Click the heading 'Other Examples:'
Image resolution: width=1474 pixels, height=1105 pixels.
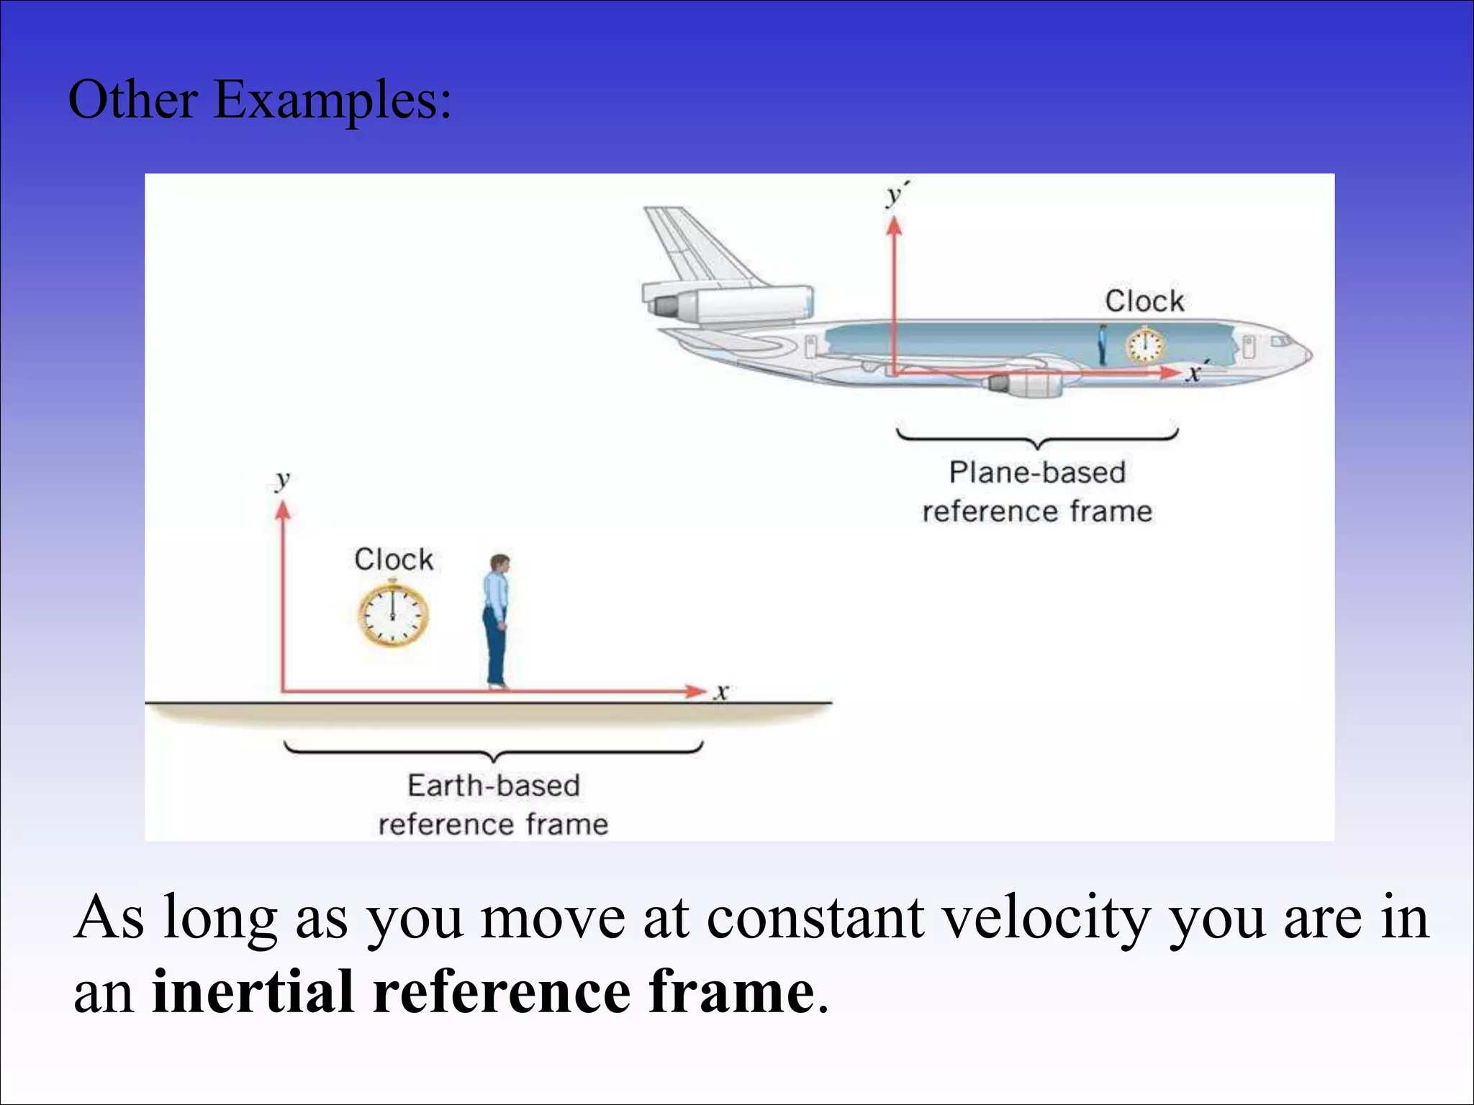pos(260,100)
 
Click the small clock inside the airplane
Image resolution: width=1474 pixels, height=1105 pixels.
pos(1145,346)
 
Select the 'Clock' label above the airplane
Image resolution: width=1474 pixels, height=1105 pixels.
pos(1144,301)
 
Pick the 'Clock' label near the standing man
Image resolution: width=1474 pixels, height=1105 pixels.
pos(394,559)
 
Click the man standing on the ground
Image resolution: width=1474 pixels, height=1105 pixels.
pos(497,621)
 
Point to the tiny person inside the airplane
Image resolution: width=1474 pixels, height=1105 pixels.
pos(1102,345)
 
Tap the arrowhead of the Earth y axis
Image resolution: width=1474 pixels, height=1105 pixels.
pos(283,510)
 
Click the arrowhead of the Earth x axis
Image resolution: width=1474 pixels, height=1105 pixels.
pos(696,691)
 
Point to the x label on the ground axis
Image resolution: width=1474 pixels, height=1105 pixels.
pos(722,692)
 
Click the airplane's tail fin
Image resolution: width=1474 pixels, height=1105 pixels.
pos(691,245)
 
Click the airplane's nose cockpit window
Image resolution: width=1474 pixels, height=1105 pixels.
pos(1280,340)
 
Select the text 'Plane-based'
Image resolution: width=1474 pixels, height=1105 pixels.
pos(1037,473)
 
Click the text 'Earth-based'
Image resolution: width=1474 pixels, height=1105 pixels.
pos(494,785)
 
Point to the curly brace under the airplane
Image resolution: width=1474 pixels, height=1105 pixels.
pos(1037,437)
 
